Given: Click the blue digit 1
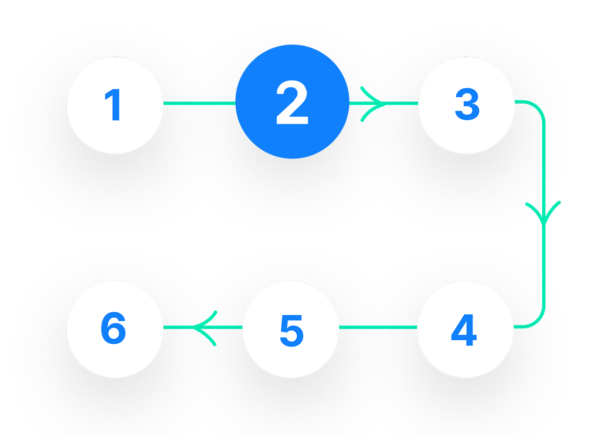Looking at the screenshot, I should [x=113, y=105].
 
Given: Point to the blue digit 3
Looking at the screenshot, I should [x=467, y=105].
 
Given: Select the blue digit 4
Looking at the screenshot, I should [x=464, y=330].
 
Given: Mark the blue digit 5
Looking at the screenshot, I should [x=291, y=330].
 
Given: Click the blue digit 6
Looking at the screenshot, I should [x=113, y=329].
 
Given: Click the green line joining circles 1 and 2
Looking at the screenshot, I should [x=199, y=103].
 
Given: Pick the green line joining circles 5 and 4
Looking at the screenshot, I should [x=378, y=327].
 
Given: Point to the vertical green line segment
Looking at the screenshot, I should [x=543, y=264].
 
